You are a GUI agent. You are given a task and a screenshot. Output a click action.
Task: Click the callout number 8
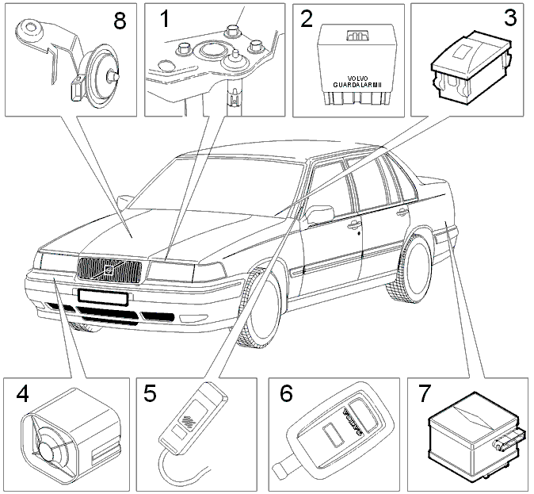[120, 21]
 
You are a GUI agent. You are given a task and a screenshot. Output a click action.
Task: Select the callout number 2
[307, 19]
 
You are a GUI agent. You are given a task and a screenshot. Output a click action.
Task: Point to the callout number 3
[510, 17]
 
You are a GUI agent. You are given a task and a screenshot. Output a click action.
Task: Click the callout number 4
[22, 394]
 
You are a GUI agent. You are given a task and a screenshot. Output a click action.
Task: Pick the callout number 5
[150, 393]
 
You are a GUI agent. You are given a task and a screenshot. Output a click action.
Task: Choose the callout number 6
[286, 393]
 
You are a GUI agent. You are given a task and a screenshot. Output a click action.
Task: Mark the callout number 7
[425, 394]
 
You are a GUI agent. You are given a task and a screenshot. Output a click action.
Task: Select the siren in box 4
[71, 437]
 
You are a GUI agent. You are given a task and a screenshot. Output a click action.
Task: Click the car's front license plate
[103, 297]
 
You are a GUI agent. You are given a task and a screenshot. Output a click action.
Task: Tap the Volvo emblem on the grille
[109, 270]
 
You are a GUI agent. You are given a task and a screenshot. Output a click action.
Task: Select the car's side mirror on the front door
[319, 214]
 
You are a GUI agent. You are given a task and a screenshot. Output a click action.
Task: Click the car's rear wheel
[410, 268]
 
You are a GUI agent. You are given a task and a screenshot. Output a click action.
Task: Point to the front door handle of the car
[354, 224]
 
